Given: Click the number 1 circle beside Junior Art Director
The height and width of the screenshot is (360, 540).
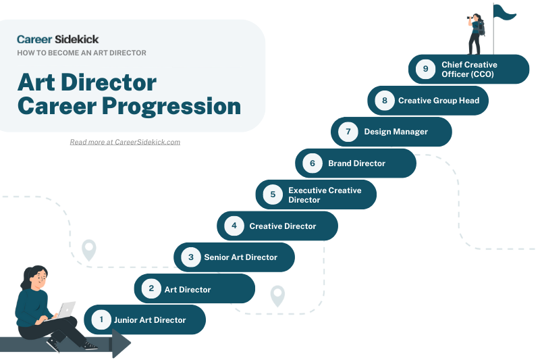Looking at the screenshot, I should tap(101, 319).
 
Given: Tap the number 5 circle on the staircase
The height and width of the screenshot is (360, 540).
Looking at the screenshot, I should tap(273, 195).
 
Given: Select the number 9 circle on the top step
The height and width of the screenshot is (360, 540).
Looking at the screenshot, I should tap(425, 69).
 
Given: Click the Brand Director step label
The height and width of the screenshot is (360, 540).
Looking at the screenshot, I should tap(356, 163).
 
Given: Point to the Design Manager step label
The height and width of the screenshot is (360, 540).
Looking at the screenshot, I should tap(396, 132).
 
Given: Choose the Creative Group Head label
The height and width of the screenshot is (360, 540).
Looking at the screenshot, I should tap(438, 101).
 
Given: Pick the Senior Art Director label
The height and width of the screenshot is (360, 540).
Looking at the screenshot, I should tap(240, 257).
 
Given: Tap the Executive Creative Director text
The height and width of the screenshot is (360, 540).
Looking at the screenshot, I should tap(325, 195).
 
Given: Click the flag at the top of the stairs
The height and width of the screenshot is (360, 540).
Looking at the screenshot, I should tap(504, 13).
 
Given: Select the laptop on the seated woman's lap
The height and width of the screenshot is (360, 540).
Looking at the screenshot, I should tap(66, 309).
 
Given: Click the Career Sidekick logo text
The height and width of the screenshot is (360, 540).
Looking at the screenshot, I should tap(57, 39).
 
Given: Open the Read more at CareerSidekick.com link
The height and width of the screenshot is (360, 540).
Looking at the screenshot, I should tap(125, 142).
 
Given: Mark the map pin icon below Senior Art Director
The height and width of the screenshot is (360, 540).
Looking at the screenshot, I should tap(277, 296).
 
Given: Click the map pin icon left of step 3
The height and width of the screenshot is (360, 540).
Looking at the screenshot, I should tap(89, 250).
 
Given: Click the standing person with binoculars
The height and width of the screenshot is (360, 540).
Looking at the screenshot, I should tap(476, 34).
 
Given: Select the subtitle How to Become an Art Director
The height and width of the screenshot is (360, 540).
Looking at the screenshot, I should tap(82, 53).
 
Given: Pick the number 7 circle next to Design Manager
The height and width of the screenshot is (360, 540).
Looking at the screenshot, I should tap(348, 132).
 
